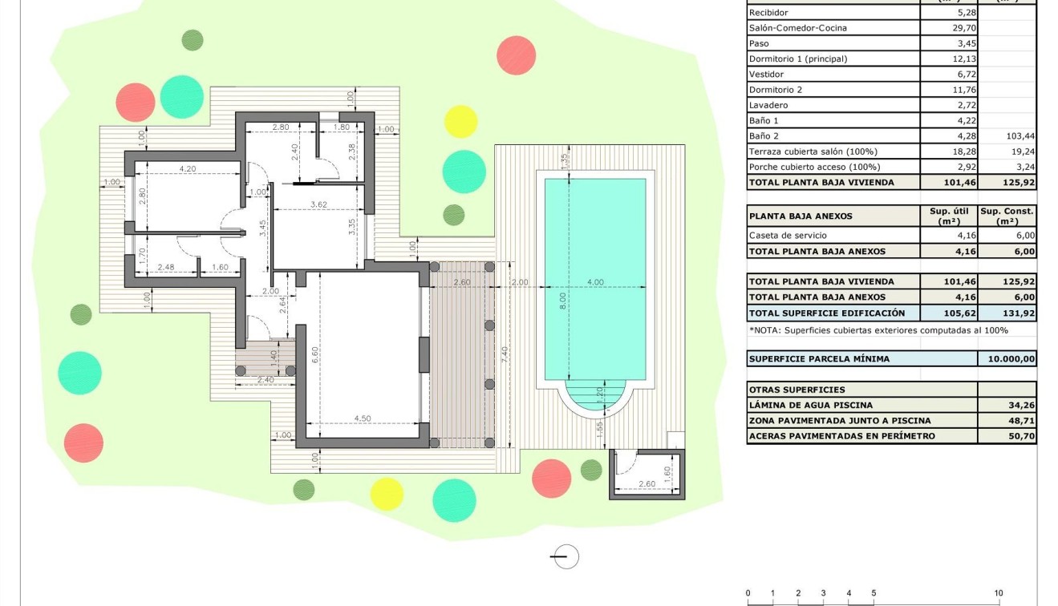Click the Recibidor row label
(768, 13)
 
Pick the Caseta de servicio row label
(787, 236)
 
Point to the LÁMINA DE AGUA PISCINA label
(810, 406)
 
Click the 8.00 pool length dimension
(563, 301)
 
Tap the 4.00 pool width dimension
(595, 282)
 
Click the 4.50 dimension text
(362, 418)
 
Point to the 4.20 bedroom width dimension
(187, 169)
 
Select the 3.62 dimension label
(318, 204)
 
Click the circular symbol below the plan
(566, 556)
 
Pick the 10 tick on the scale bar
(998, 593)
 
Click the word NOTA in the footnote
(764, 330)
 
